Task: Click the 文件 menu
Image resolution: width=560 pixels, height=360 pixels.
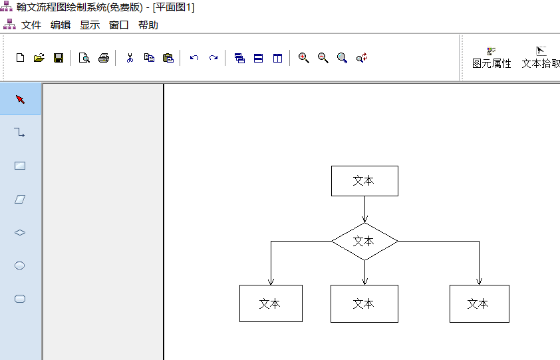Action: click(x=31, y=25)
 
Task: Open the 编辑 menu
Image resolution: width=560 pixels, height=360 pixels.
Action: click(x=61, y=25)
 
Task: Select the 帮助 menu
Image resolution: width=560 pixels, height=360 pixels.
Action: click(x=148, y=25)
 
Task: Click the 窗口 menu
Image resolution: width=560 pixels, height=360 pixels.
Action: click(x=119, y=25)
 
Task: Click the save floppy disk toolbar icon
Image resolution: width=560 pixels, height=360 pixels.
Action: click(x=58, y=58)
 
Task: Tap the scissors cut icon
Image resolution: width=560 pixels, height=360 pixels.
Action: click(x=130, y=58)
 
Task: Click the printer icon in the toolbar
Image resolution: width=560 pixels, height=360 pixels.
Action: click(x=103, y=58)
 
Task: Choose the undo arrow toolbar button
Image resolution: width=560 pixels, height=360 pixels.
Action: click(x=194, y=58)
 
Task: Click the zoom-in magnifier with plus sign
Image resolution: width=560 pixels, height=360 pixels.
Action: click(x=304, y=58)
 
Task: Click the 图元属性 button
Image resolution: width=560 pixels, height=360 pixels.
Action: click(x=491, y=58)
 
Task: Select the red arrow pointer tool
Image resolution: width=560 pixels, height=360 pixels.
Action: click(x=20, y=99)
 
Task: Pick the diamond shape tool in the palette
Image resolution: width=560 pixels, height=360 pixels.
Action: click(x=20, y=232)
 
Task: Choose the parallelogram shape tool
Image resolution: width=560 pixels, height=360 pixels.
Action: click(x=20, y=199)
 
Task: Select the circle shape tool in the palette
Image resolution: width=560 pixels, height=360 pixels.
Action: click(x=20, y=266)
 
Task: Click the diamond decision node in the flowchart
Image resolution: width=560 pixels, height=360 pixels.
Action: click(x=364, y=241)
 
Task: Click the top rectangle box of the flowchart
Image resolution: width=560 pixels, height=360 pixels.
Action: click(x=364, y=181)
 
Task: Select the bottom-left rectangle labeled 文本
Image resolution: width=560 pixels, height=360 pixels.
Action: click(x=271, y=303)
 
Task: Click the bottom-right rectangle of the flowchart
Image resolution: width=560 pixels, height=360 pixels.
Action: click(x=479, y=303)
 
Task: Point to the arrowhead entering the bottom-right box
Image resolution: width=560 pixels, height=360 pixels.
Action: click(x=479, y=281)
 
